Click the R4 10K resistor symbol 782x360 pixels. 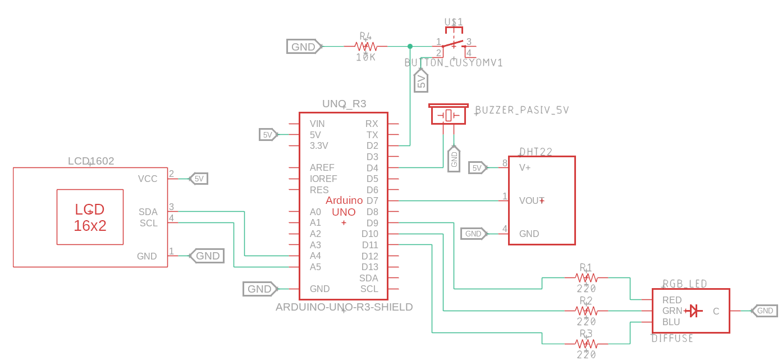pos(365,46)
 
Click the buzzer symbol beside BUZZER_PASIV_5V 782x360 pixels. pos(449,115)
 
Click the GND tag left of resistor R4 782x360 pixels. pos(304,47)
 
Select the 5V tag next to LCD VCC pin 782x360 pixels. pos(199,179)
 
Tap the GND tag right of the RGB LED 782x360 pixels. pos(764,311)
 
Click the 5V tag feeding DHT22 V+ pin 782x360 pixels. pos(477,167)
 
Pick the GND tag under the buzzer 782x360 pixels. pos(454,160)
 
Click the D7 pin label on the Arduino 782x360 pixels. pos(372,200)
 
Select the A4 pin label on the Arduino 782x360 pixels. pos(315,256)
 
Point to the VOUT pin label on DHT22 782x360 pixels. pos(531,200)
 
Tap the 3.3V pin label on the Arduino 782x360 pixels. pos(319,145)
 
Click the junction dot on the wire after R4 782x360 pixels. pos(410,46)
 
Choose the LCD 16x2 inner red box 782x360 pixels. pos(90,217)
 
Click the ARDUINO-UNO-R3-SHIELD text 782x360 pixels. pos(344,307)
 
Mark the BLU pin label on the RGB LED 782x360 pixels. pos(671,322)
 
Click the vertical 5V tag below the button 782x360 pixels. pos(420,81)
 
